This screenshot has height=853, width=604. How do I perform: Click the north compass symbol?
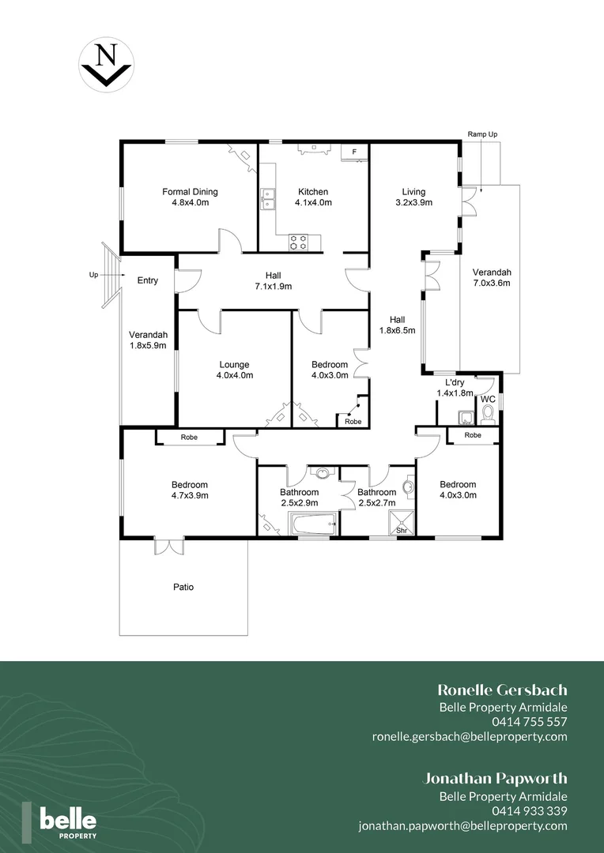105,66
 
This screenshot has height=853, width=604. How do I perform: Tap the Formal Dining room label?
190,197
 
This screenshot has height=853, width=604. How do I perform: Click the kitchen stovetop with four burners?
298,242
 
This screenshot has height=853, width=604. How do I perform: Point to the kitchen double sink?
268,198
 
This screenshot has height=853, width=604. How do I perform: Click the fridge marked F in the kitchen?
354,151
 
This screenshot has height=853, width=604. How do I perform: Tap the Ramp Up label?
482,134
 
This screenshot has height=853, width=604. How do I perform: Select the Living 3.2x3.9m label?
413,197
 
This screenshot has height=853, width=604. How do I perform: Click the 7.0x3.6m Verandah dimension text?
492,282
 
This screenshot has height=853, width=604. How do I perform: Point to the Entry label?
148,280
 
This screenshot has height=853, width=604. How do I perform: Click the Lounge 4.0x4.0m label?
234,370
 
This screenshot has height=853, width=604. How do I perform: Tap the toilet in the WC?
488,414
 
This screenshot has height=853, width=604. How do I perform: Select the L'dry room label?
454,387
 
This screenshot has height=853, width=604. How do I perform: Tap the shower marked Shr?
402,523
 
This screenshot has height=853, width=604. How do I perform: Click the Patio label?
183,587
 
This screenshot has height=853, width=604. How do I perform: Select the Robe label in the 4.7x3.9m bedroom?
189,437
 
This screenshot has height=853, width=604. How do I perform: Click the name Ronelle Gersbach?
502,690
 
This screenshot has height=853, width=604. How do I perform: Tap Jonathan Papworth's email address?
462,825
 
